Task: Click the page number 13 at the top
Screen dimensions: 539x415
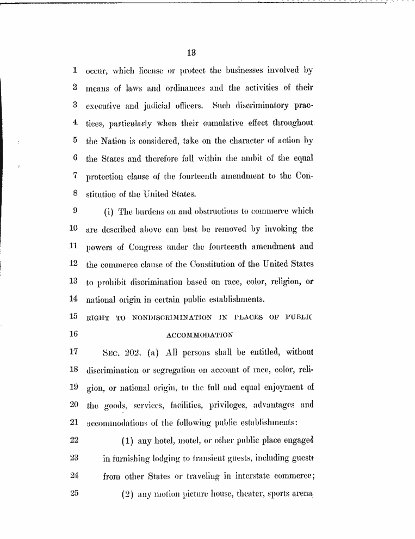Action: click(191, 53)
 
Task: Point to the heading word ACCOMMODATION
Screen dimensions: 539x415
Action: click(200, 334)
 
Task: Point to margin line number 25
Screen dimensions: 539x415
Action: click(75, 494)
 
